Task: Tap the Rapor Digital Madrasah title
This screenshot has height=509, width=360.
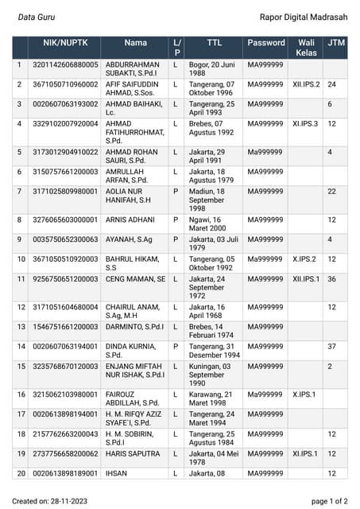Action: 303,16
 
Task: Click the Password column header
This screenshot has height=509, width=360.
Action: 265,42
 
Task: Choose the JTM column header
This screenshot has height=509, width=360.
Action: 336,42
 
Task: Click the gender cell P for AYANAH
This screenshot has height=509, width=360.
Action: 176,239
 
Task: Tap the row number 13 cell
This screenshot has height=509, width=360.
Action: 20,327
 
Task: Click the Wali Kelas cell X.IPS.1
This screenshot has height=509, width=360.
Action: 304,394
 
